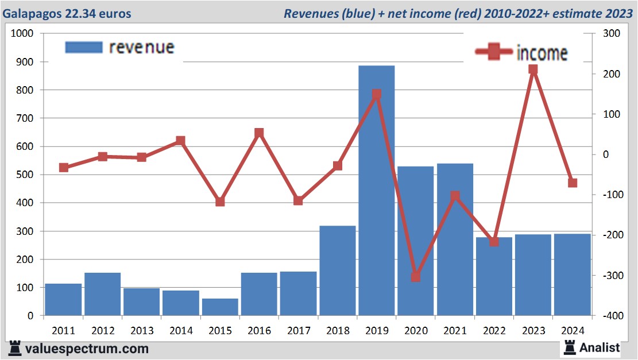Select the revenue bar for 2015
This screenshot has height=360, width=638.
[220, 307]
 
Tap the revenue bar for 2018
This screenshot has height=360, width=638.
[338, 270]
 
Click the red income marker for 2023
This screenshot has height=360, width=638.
[533, 69]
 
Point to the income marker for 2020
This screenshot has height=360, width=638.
[416, 277]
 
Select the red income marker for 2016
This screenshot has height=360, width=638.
[259, 133]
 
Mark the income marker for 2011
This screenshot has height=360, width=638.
[64, 168]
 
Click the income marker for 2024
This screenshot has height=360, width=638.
[572, 183]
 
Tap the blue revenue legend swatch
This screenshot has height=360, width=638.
[84, 47]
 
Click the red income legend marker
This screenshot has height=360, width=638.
[493, 52]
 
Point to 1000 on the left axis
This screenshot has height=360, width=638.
[23, 34]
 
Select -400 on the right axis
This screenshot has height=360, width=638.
[609, 316]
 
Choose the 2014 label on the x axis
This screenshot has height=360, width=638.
[181, 331]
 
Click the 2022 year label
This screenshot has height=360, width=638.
[494, 331]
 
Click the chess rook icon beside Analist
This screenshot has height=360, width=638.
[569, 347]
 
